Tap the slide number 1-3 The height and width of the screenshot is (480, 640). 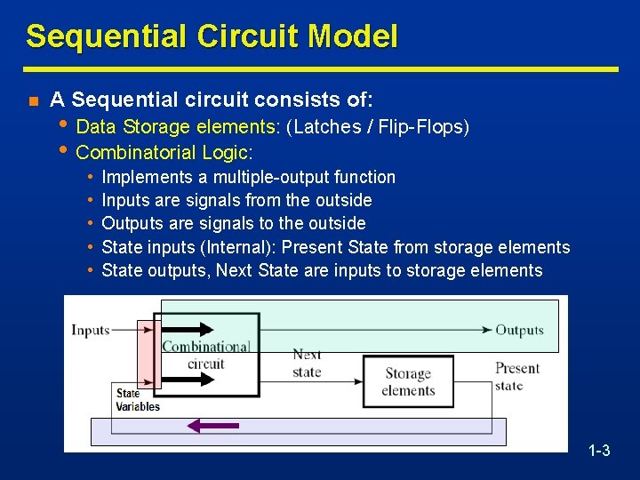[599, 451]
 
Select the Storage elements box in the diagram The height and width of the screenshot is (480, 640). [408, 382]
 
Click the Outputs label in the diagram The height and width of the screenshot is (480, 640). [519, 331]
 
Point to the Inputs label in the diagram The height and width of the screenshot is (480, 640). [90, 331]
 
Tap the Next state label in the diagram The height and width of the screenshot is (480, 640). [307, 363]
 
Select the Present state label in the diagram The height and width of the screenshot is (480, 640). [517, 376]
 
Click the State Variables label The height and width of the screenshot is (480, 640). [137, 400]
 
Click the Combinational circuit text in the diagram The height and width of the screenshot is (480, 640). [205, 355]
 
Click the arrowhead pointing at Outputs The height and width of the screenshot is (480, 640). [487, 330]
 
